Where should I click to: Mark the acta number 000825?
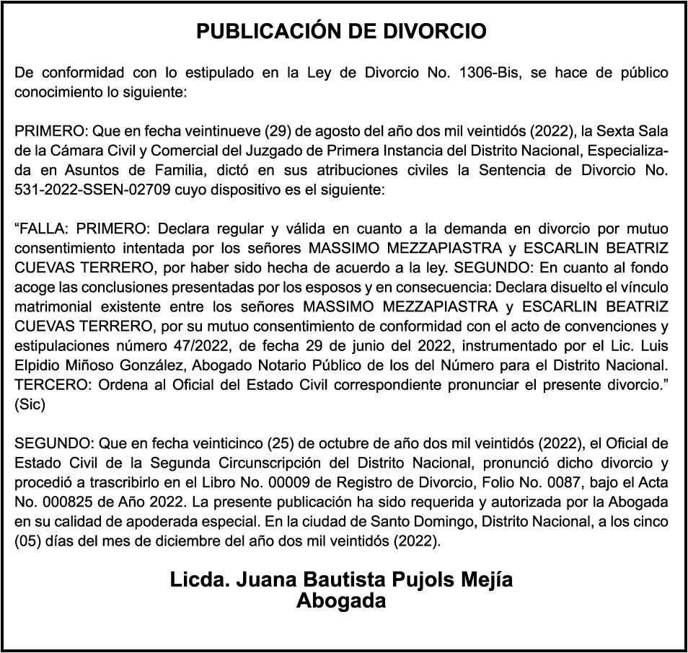point(62,502)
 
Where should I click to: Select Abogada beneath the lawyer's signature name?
point(341,601)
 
